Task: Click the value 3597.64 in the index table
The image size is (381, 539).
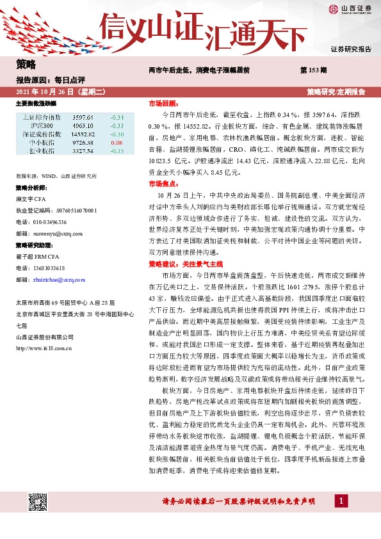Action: point(83,118)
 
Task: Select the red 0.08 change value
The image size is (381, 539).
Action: point(116,143)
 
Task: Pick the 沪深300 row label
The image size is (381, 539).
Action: point(42,126)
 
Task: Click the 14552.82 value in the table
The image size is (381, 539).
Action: point(83,134)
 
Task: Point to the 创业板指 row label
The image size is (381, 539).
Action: point(42,151)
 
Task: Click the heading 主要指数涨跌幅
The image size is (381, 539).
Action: point(36,102)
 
